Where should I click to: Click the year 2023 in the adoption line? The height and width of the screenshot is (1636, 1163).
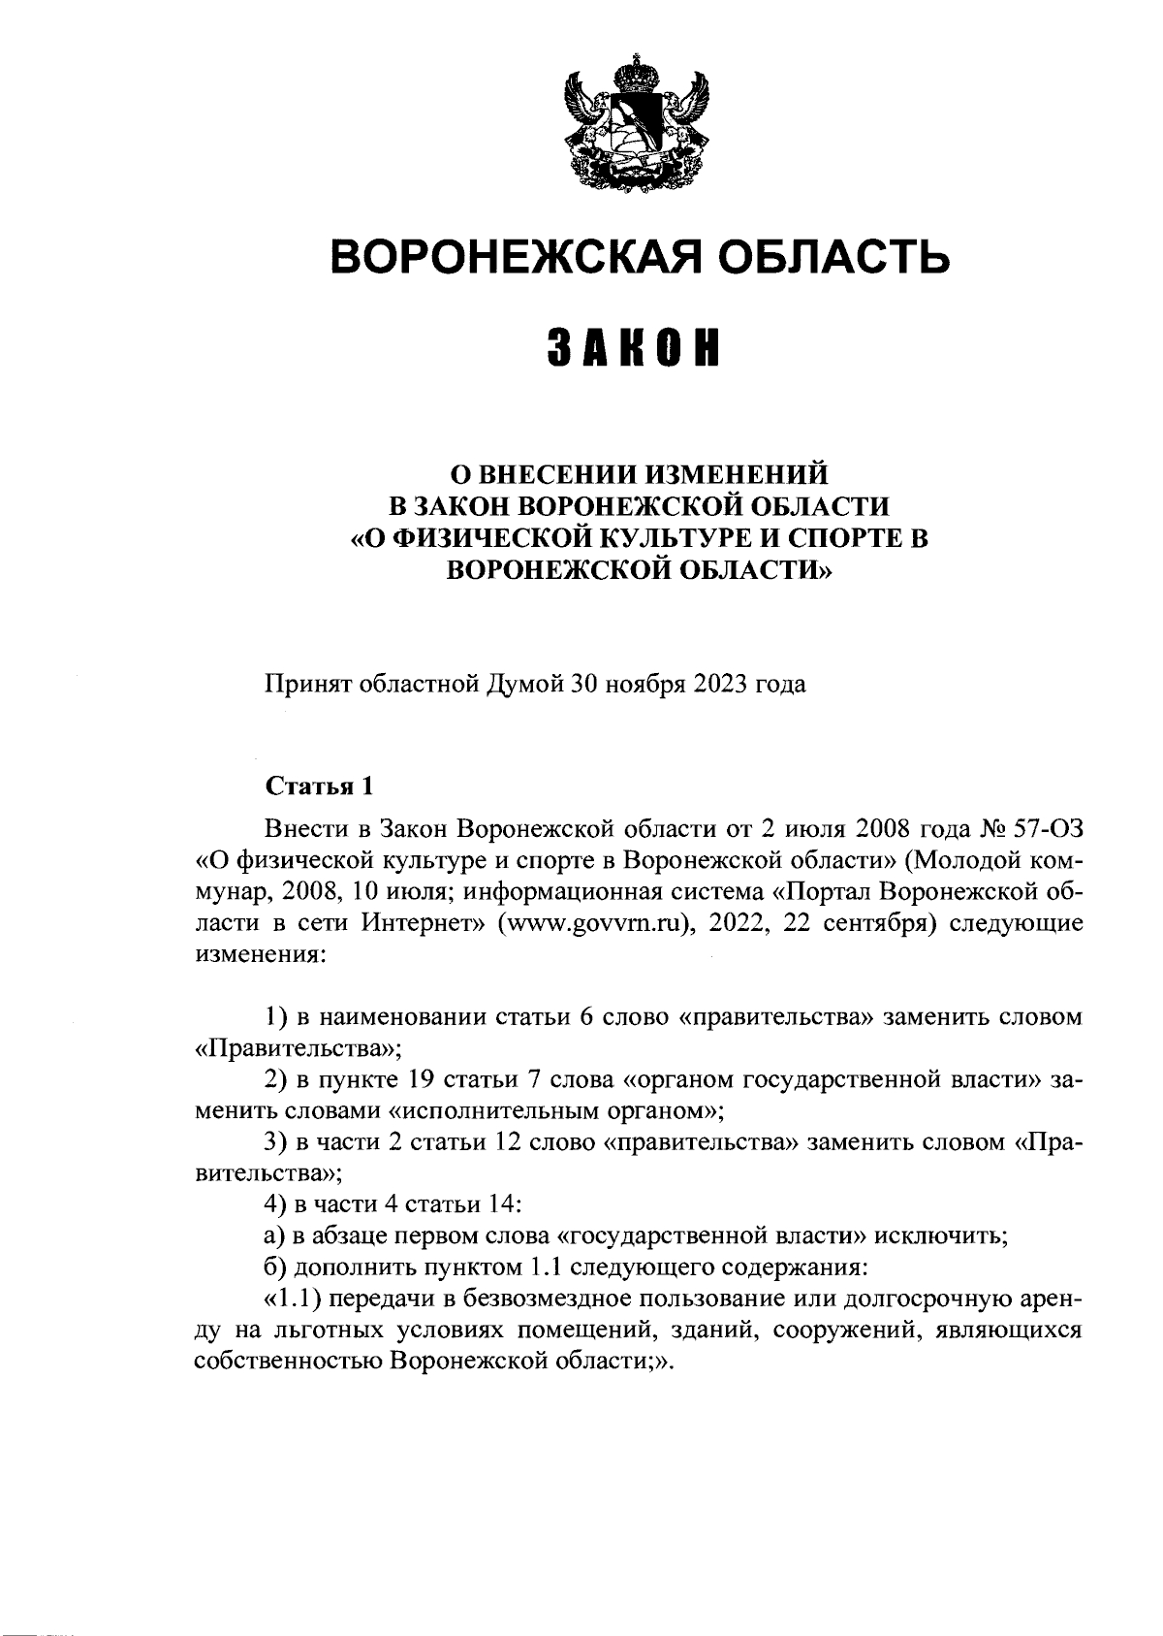(x=717, y=684)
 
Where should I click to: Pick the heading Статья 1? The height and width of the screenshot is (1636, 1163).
(x=319, y=786)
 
